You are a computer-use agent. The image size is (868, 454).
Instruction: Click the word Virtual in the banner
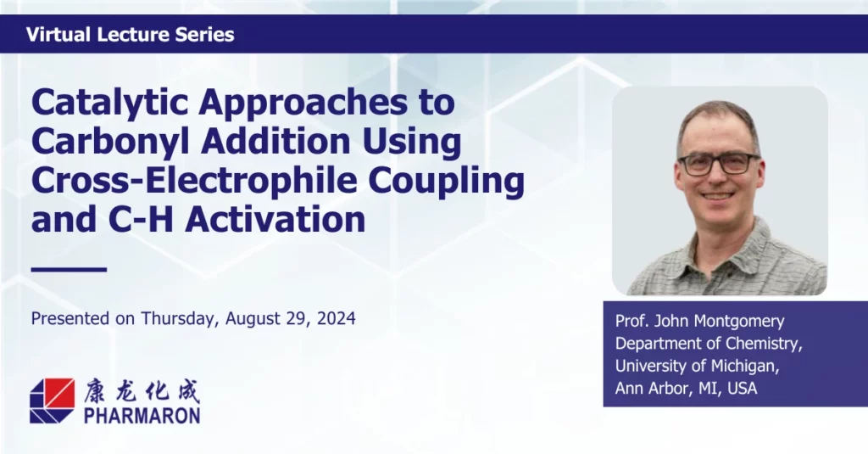tap(58, 35)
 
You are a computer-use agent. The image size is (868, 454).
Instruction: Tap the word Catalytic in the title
tap(111, 102)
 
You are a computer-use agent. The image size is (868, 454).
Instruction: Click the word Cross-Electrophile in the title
tap(194, 180)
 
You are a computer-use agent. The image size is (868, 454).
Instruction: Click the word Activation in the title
tap(275, 219)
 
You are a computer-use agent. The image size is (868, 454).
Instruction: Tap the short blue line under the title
tap(69, 270)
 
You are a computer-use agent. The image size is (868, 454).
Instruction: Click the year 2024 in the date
tap(336, 319)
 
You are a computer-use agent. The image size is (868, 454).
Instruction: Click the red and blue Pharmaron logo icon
tap(52, 401)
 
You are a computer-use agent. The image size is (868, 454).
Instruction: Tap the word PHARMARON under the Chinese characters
tap(142, 415)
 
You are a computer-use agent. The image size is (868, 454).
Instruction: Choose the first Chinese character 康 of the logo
tap(95, 391)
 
